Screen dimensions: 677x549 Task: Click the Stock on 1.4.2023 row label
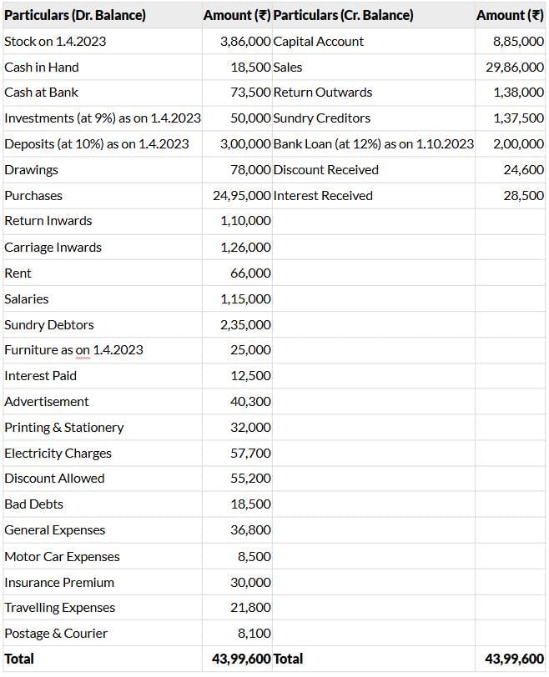click(55, 41)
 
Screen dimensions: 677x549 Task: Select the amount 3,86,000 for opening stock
click(245, 41)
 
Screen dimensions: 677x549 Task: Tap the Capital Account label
click(319, 41)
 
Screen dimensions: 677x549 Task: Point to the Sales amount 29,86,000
click(515, 67)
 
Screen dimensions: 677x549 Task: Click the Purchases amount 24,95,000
click(242, 195)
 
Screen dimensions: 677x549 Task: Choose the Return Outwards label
click(323, 93)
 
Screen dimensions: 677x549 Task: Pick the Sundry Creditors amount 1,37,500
click(518, 118)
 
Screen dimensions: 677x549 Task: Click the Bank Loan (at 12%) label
click(373, 144)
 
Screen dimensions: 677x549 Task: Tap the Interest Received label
click(323, 195)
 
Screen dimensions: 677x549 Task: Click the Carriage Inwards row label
click(53, 247)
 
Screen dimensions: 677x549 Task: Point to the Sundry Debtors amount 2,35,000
click(245, 324)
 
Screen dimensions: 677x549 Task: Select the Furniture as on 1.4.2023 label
click(73, 350)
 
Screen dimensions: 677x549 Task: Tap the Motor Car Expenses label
click(62, 556)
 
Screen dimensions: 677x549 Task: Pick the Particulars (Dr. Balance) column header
click(74, 15)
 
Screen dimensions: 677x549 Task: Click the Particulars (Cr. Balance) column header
click(343, 15)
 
